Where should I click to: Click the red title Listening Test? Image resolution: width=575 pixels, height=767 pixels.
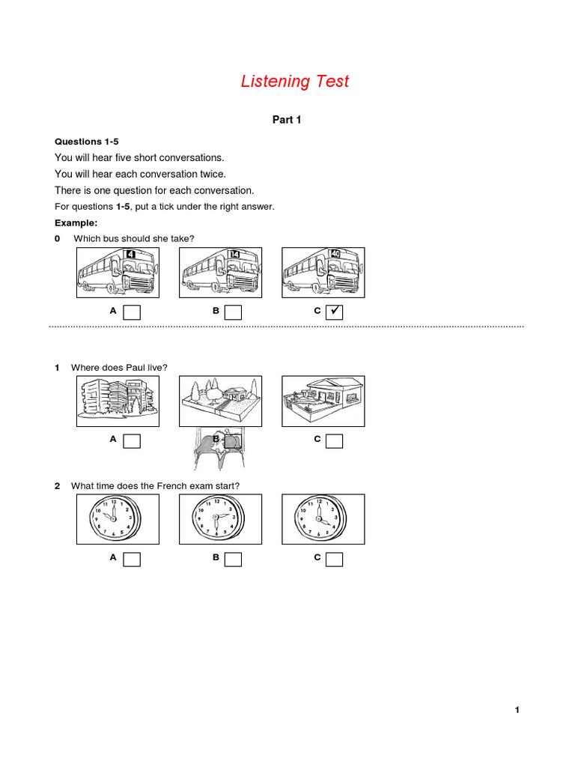(295, 81)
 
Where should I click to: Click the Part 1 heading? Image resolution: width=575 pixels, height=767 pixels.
(286, 119)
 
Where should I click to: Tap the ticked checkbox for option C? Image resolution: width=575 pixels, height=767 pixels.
(335, 312)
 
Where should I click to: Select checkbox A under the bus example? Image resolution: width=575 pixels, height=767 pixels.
(132, 312)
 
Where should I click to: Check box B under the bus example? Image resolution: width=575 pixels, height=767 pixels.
(234, 312)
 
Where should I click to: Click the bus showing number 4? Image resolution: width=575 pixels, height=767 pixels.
(118, 273)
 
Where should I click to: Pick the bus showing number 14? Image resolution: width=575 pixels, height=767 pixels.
(220, 273)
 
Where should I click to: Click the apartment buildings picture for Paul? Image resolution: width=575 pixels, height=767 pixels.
(118, 401)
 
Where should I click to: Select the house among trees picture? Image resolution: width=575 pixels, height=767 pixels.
(220, 401)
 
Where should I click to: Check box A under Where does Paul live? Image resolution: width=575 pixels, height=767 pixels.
(132, 441)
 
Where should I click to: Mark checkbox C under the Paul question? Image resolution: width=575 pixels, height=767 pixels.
(335, 441)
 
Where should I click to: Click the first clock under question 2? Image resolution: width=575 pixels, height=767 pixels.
(118, 518)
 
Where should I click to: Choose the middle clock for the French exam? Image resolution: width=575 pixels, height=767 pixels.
(220, 518)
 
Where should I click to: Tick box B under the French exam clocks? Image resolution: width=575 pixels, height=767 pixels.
(234, 559)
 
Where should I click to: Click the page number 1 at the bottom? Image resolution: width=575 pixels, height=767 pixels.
(517, 710)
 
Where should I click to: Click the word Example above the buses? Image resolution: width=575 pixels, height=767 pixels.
(76, 223)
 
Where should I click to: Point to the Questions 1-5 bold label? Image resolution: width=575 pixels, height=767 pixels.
(87, 142)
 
